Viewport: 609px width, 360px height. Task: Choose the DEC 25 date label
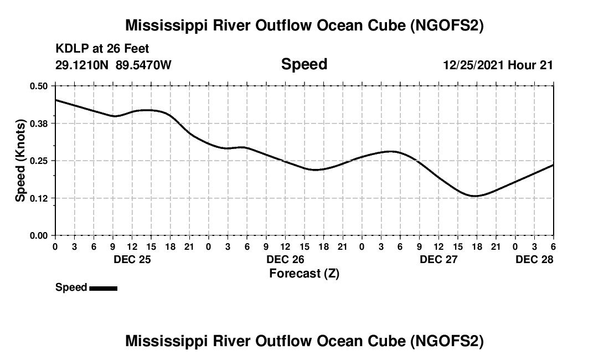[x=132, y=259]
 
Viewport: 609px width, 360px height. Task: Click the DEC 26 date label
[x=285, y=259]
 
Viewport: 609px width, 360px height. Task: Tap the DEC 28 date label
[x=534, y=259]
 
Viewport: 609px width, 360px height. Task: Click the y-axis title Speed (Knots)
[x=20, y=161]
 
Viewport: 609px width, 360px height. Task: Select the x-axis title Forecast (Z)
[x=304, y=273]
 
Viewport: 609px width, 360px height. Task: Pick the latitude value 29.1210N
[x=83, y=65]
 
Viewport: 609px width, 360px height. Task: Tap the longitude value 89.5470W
[x=144, y=65]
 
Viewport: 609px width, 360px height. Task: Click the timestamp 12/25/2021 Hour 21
[x=498, y=65]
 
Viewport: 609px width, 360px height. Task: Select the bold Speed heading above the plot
[x=304, y=64]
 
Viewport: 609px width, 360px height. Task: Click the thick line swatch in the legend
[x=103, y=287]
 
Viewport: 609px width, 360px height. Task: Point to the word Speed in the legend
[x=71, y=287]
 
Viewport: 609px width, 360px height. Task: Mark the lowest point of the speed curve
[x=474, y=196]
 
